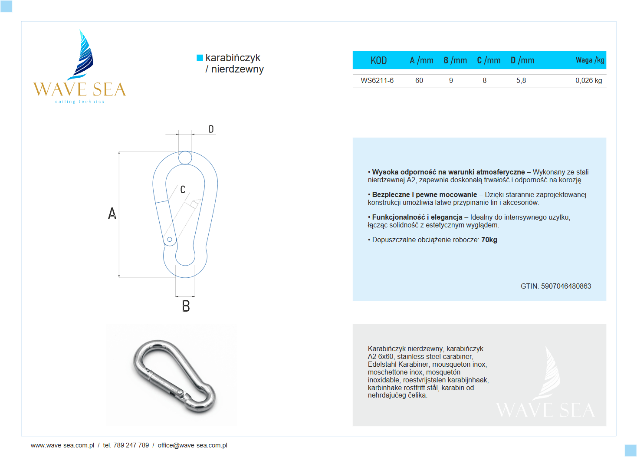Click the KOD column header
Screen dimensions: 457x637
378,60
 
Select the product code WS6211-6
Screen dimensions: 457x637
377,80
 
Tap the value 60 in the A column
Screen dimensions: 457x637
419,80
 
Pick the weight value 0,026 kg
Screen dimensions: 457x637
588,80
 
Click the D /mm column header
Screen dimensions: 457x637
522,60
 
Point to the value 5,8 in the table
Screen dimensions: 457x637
521,80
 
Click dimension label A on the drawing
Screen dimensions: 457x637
112,214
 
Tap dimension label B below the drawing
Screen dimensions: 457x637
186,306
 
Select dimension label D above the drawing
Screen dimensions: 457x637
211,129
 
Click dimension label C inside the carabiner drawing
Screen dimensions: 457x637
183,190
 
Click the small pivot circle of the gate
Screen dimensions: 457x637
170,239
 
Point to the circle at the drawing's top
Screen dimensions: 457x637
185,158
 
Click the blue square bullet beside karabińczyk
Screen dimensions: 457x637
200,58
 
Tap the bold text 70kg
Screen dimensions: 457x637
489,240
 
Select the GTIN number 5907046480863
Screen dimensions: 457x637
566,286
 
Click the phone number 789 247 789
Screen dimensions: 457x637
131,445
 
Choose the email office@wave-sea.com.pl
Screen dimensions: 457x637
192,445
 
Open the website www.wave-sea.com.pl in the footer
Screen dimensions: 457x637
62,445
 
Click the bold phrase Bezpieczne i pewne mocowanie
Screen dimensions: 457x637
424,194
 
